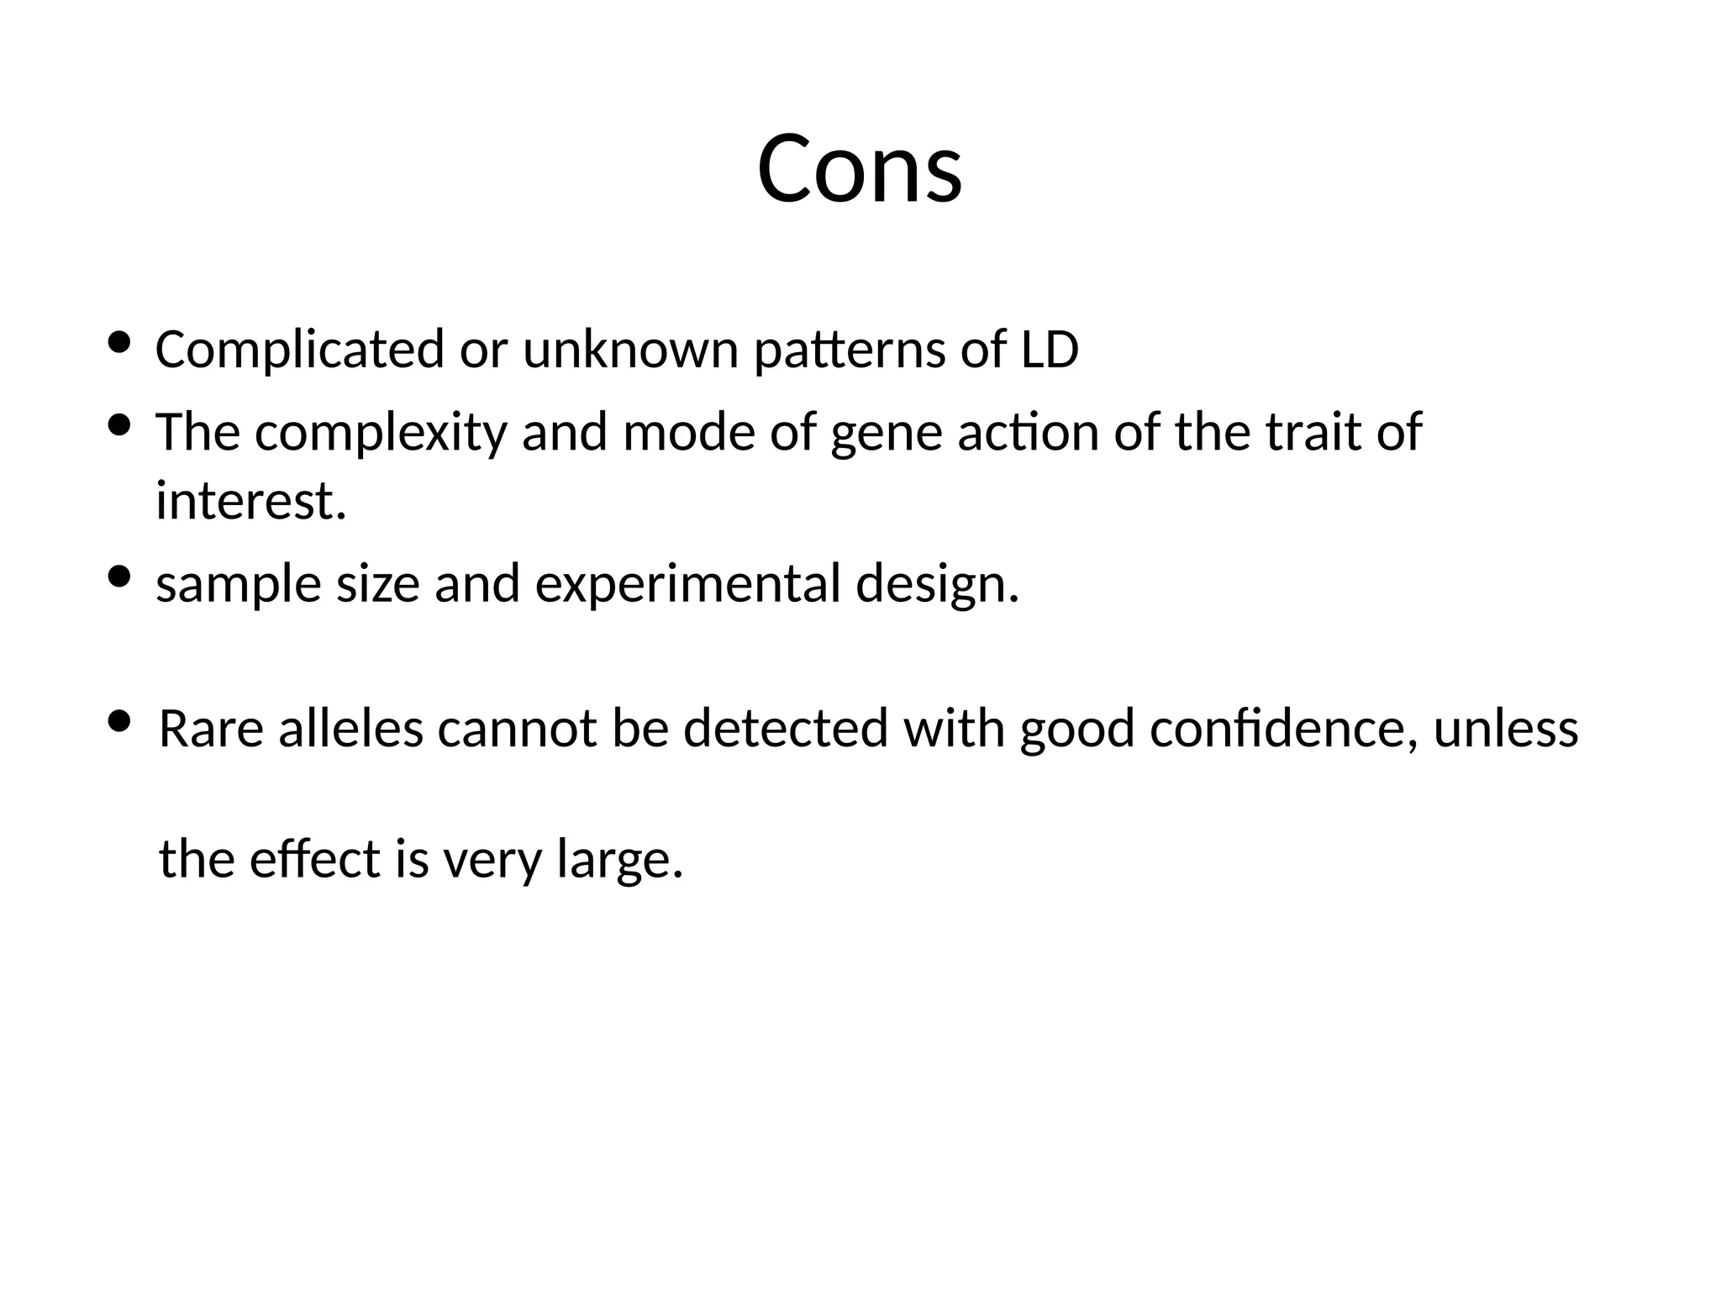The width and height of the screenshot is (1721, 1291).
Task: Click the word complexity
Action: click(381, 434)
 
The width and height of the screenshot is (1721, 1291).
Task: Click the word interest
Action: click(250, 502)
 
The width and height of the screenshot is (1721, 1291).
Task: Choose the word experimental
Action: click(687, 586)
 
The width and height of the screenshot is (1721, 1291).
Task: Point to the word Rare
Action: click(211, 729)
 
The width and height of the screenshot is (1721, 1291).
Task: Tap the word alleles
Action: click(350, 729)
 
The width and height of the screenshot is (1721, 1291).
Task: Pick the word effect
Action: click(315, 859)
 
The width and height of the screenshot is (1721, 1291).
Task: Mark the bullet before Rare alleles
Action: click(119, 720)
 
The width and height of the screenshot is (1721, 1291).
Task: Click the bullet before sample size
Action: click(119, 577)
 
